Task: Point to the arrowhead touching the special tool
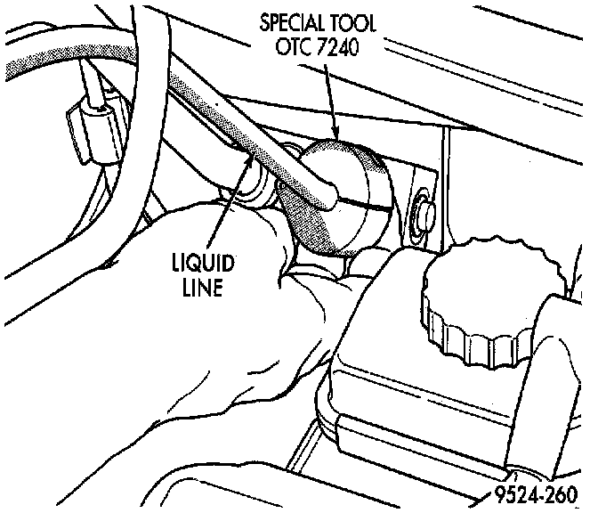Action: click(334, 134)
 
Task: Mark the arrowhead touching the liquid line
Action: click(252, 164)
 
